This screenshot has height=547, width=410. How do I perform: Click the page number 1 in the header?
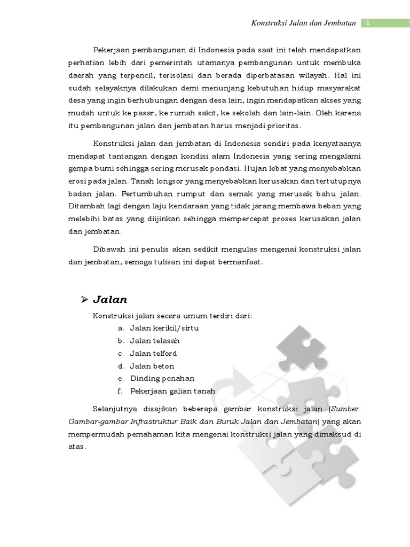coord(368,22)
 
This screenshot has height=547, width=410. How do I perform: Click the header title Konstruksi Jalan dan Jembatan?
coord(303,23)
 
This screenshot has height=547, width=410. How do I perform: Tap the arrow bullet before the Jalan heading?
coord(84,300)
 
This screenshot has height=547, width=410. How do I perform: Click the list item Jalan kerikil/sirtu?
coord(164,327)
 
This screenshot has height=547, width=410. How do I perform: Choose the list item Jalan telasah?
coord(155,340)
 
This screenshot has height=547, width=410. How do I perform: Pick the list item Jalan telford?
coord(153,353)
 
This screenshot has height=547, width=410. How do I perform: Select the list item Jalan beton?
coord(152,366)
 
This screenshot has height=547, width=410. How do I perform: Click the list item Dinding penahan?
coord(162,378)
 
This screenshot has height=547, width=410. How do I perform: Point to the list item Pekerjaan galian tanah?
coord(172,391)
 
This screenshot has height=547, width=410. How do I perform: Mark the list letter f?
coord(121,391)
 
